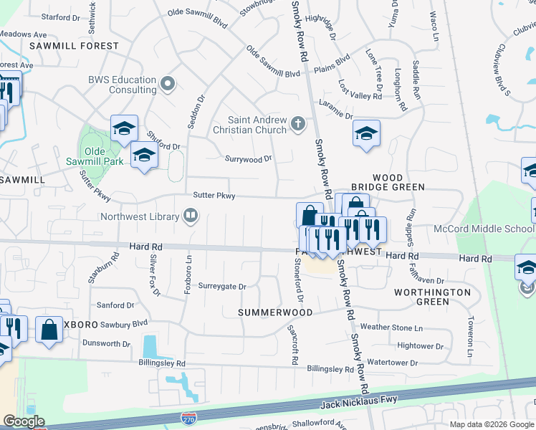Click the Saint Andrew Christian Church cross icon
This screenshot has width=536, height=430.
(x=298, y=125)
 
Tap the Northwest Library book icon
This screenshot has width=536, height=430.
(x=191, y=215)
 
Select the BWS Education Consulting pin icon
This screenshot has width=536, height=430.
(x=168, y=85)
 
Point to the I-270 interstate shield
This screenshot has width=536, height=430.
(x=189, y=416)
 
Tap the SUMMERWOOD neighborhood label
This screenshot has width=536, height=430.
(x=276, y=313)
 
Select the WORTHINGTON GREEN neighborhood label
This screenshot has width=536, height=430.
(x=433, y=297)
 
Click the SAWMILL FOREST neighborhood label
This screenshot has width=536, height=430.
(x=74, y=46)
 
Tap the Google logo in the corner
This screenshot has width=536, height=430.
(x=24, y=421)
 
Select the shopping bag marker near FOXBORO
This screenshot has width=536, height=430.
(x=49, y=330)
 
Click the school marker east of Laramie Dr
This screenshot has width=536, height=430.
(x=366, y=133)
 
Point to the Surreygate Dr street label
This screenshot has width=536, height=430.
(x=221, y=287)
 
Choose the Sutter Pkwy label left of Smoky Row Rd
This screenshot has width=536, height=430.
(x=214, y=195)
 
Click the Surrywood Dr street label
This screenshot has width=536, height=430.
(x=249, y=159)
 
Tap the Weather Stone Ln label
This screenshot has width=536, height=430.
(x=391, y=327)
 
